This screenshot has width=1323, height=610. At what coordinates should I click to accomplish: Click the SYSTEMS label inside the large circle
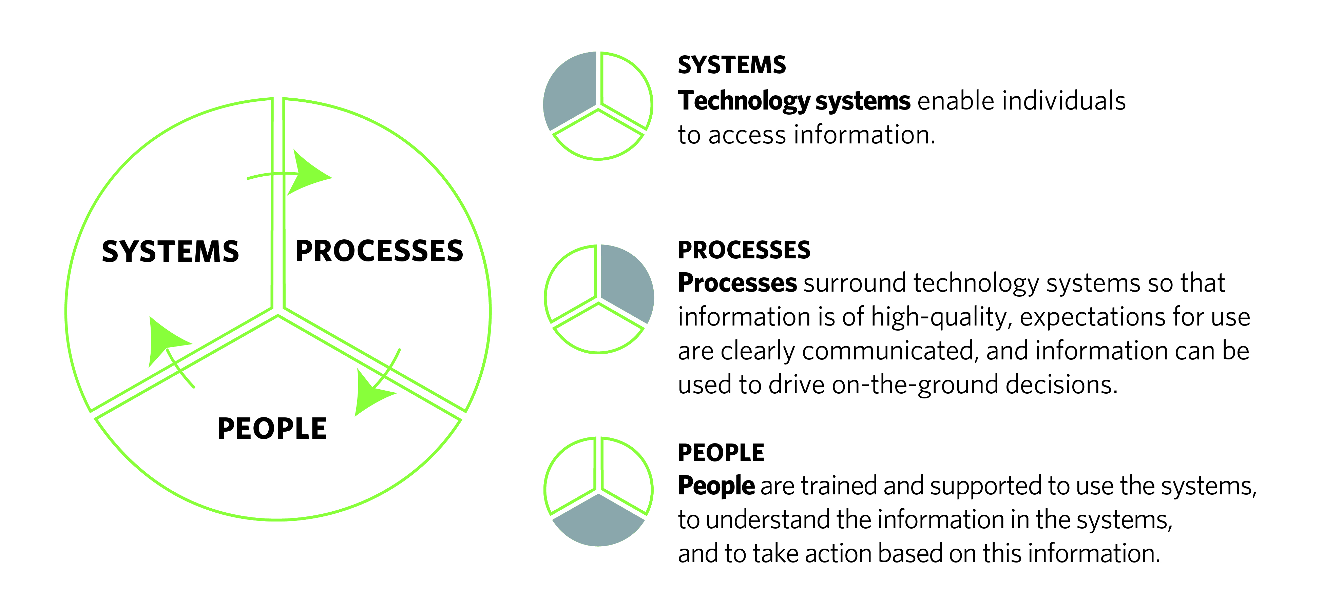pos(171,252)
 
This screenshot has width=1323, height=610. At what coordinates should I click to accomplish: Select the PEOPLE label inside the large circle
pos(272,429)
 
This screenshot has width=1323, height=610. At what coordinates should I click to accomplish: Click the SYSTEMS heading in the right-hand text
pos(731,65)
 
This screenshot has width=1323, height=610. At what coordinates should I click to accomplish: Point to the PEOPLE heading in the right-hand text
pos(721,453)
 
